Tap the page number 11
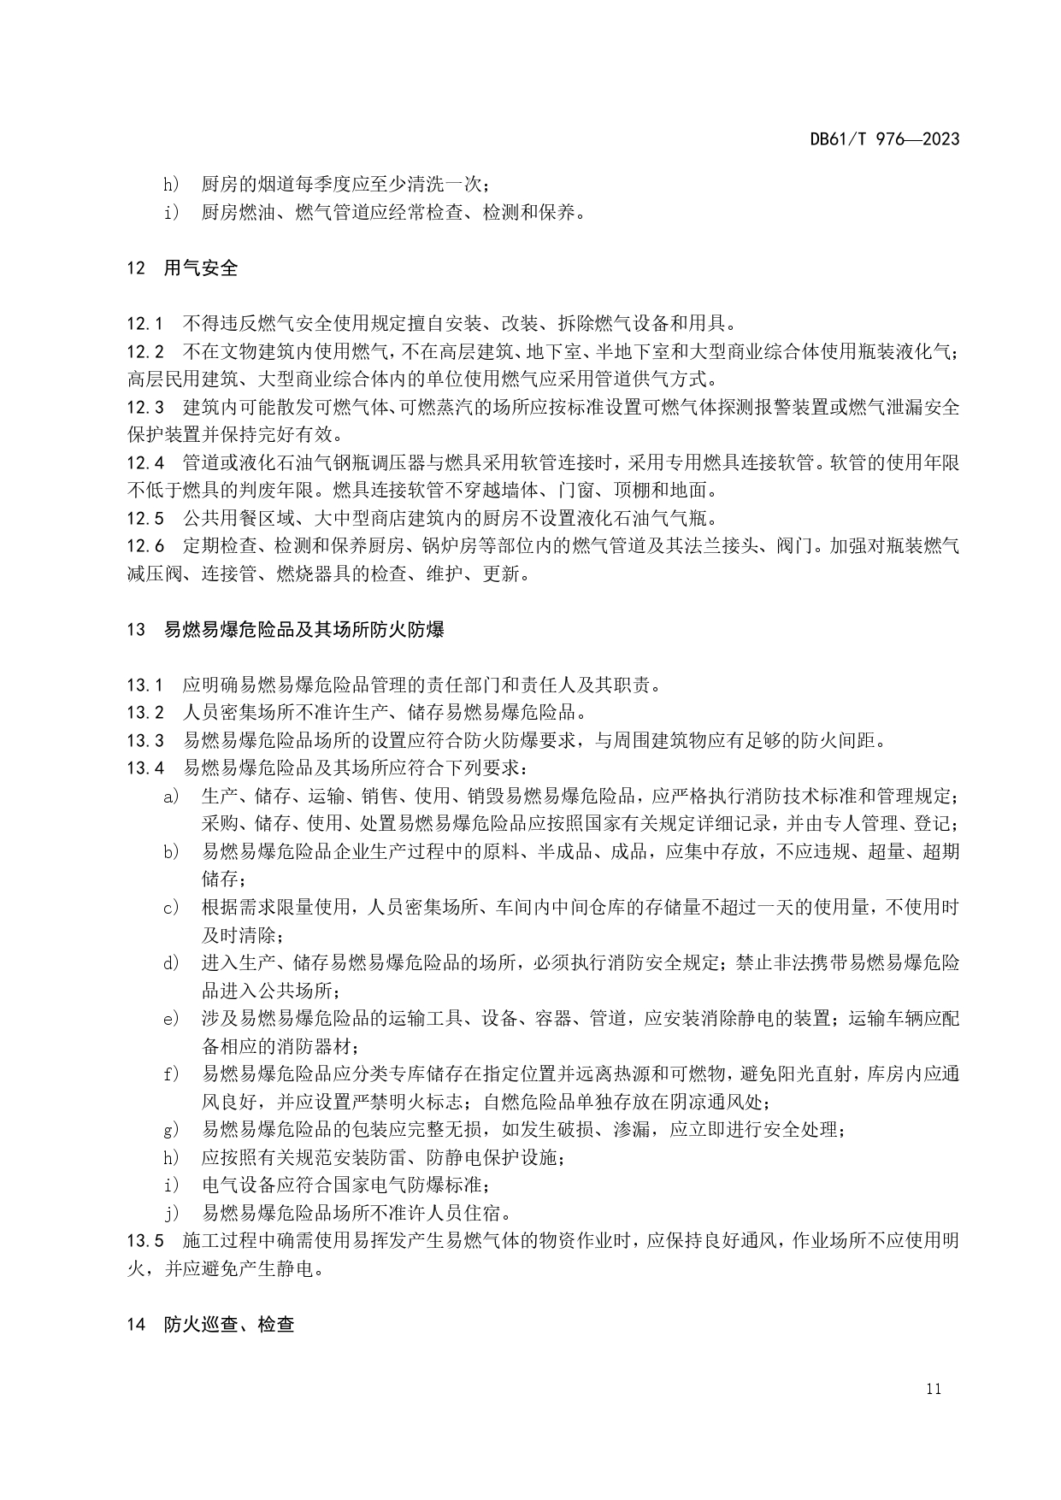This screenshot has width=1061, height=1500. (x=933, y=1389)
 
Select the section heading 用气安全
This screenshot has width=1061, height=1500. (x=201, y=268)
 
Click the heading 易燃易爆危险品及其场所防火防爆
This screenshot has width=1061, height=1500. (x=304, y=631)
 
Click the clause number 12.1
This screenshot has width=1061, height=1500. (x=144, y=324)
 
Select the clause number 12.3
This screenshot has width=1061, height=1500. (x=144, y=408)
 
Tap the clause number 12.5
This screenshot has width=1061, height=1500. (x=144, y=519)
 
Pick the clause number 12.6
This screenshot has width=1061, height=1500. (x=144, y=547)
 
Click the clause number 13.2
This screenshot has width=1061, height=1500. (x=144, y=713)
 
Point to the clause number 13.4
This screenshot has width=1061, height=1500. (x=144, y=768)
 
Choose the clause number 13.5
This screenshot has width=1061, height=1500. (x=144, y=1241)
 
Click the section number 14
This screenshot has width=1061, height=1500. (x=136, y=1325)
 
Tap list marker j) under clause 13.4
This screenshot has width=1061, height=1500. (x=171, y=1213)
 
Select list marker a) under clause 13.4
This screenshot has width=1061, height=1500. (x=171, y=797)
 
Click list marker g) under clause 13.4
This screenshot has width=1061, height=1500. (x=171, y=1130)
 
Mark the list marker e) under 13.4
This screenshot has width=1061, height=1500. (x=171, y=1019)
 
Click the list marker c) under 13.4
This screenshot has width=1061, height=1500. (x=171, y=908)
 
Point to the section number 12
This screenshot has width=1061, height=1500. (x=136, y=268)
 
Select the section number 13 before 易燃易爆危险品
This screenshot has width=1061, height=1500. (x=136, y=631)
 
